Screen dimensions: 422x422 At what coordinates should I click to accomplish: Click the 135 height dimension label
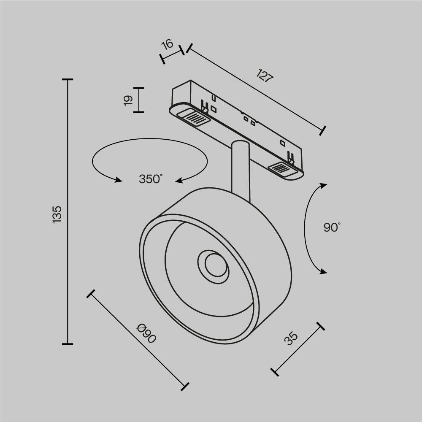click(57, 214)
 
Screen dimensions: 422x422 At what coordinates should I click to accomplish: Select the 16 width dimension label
click(168, 44)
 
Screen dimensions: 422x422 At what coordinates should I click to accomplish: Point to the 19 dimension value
click(129, 100)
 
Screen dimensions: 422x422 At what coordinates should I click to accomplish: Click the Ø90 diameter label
click(146, 333)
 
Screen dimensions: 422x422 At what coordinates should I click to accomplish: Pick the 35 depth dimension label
click(291, 338)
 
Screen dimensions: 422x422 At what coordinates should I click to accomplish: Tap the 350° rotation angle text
click(151, 179)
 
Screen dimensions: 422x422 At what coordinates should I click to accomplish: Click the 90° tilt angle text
click(332, 227)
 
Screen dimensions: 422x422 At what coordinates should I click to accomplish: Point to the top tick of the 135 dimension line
click(68, 79)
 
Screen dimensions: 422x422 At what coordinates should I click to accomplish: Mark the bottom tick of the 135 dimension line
click(68, 344)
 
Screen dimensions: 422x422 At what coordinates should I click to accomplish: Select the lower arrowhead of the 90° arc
click(323, 271)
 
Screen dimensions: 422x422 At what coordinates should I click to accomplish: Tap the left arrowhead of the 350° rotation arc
click(118, 180)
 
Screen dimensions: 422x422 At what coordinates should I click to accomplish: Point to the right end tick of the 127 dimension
click(323, 130)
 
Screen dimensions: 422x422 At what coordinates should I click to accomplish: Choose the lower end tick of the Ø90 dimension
click(184, 386)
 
